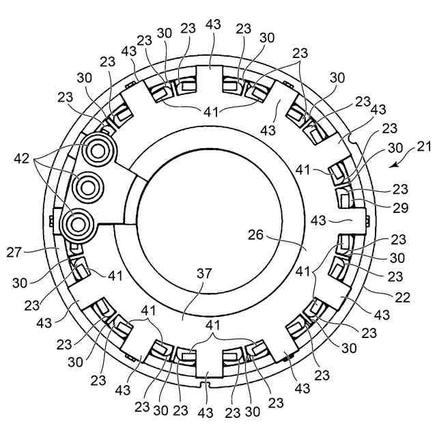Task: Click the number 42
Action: [22, 159]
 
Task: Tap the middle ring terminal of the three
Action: [88, 184]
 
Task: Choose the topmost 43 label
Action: [213, 25]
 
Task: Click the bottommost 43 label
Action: [206, 414]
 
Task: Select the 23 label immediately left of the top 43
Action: [188, 29]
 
